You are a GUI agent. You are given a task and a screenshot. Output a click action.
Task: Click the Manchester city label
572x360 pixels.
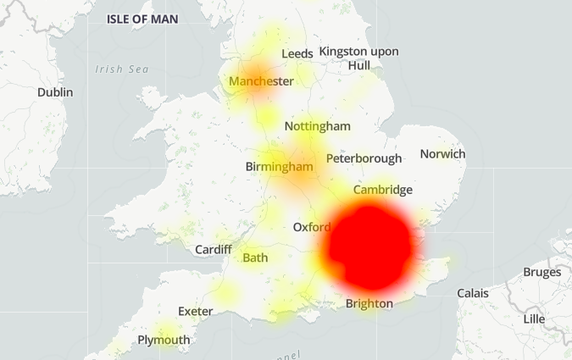(x=261, y=81)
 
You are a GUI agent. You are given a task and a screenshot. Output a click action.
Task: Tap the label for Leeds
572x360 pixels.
(x=297, y=53)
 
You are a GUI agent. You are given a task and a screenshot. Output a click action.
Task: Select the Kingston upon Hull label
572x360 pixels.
(x=359, y=58)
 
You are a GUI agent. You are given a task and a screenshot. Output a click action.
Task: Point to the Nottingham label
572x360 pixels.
(x=317, y=126)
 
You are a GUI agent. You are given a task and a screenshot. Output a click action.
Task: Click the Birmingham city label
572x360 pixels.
(x=279, y=167)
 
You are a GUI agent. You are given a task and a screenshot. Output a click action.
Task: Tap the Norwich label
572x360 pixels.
(x=442, y=154)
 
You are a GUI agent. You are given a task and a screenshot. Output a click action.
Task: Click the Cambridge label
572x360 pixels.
(x=383, y=190)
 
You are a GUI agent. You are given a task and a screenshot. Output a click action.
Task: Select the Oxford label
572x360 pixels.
(x=311, y=228)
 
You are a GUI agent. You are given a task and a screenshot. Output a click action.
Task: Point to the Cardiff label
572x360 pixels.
(x=213, y=250)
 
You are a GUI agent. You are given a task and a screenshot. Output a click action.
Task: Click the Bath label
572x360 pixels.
(x=255, y=258)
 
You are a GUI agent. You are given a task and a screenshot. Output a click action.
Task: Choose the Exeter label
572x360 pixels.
(x=195, y=312)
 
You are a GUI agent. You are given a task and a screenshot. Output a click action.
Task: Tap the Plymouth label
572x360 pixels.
(x=164, y=341)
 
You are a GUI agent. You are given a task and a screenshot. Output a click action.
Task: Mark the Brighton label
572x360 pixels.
(x=369, y=303)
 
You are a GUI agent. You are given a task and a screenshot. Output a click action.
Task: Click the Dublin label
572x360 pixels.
(x=55, y=92)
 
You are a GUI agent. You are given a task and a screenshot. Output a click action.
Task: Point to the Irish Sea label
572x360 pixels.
(x=121, y=69)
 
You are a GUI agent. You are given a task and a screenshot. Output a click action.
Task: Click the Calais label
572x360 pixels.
(x=473, y=293)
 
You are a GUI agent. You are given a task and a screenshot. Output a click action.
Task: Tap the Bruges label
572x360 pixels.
(x=541, y=273)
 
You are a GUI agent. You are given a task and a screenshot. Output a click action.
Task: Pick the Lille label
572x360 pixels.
(x=534, y=319)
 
